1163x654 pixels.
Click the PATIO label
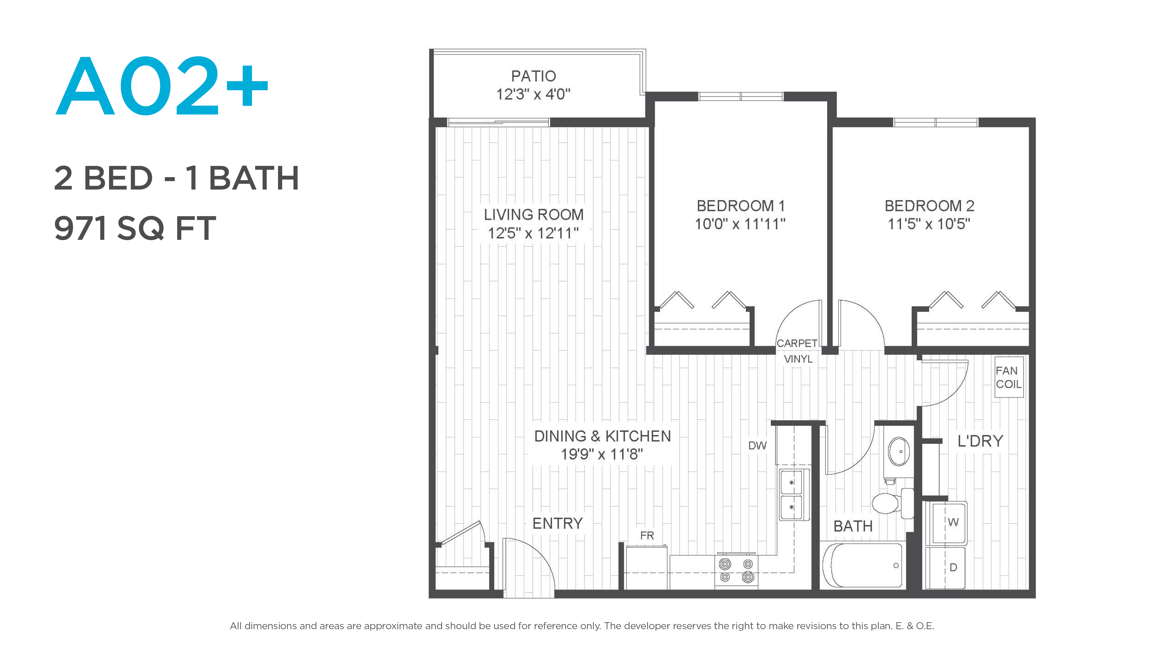[533, 76]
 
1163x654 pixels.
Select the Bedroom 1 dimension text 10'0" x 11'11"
[740, 224]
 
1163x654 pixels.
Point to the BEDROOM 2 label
[929, 206]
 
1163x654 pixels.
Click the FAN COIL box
[1009, 377]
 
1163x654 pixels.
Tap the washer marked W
[946, 523]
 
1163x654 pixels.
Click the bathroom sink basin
[898, 451]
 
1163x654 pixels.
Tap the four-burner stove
[736, 570]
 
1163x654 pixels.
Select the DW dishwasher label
[757, 445]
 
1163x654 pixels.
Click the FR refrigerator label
[647, 535]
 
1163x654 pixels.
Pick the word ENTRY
[558, 524]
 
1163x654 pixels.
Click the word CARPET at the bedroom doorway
[797, 343]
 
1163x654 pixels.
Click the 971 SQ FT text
[135, 228]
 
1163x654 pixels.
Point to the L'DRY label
[980, 441]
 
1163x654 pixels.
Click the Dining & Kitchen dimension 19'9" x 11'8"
[602, 454]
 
